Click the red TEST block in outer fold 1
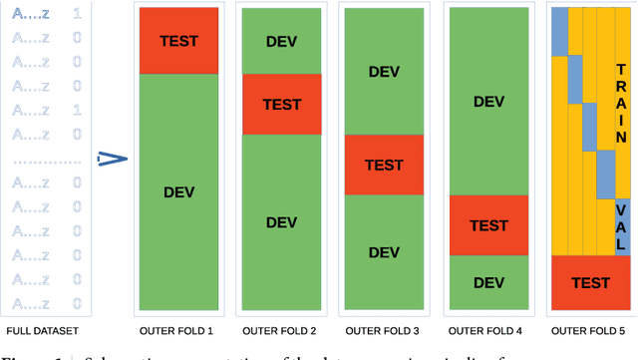click(178, 41)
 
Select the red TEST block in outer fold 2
click(282, 104)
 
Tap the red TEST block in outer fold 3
click(384, 165)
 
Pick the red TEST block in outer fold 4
click(488, 225)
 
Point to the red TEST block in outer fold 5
click(590, 282)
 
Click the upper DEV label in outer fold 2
click(282, 41)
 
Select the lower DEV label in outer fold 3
click(384, 251)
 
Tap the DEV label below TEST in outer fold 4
click(488, 282)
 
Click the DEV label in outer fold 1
click(178, 191)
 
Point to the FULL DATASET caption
click(43, 331)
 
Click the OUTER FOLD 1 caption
click(177, 331)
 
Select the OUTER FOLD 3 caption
click(384, 331)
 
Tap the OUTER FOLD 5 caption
click(590, 331)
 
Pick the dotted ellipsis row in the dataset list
click(44, 159)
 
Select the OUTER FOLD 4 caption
click(487, 331)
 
